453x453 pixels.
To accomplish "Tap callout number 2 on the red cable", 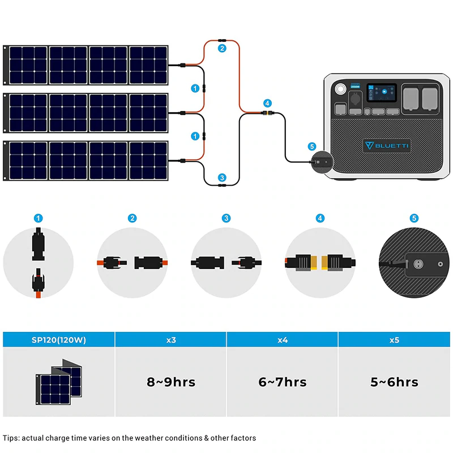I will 222,49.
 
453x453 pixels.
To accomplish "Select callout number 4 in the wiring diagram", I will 267,103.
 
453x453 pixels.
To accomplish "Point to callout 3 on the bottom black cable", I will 222,177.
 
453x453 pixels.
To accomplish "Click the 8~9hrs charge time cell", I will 171,382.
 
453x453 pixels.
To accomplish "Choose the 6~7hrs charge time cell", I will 283,382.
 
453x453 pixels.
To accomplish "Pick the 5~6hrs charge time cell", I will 395,382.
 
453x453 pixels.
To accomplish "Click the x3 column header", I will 171,340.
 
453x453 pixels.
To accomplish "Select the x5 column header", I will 395,340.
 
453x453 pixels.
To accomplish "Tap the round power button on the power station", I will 341,90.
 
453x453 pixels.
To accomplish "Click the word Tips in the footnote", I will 12,438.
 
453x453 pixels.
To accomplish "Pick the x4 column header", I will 283,340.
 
